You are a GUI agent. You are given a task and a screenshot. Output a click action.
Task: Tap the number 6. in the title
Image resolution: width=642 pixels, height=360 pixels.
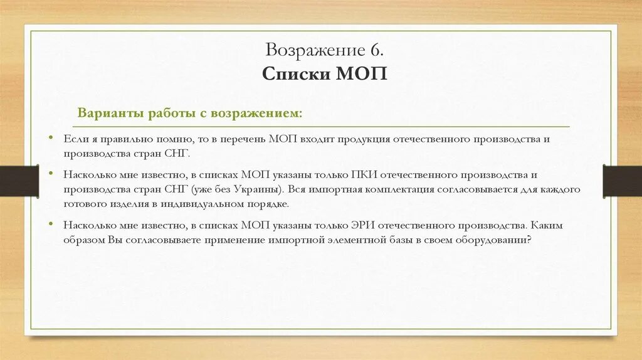click(x=371, y=50)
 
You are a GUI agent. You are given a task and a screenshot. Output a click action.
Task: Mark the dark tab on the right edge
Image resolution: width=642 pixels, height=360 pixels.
click(x=622, y=181)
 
